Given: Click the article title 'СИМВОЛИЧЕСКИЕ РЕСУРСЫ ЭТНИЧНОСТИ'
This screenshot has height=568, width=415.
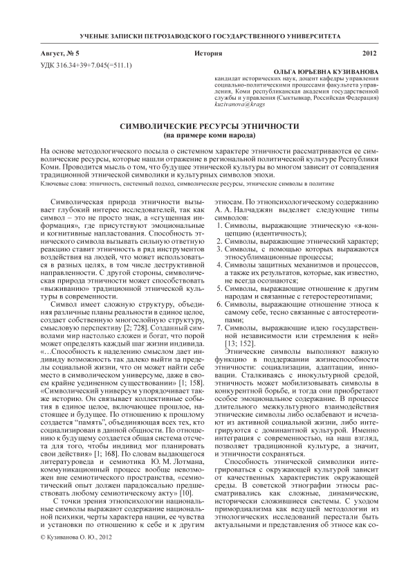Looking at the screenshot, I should [x=207, y=127].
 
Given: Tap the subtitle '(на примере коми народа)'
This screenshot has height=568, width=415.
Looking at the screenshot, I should [x=207, y=136].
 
